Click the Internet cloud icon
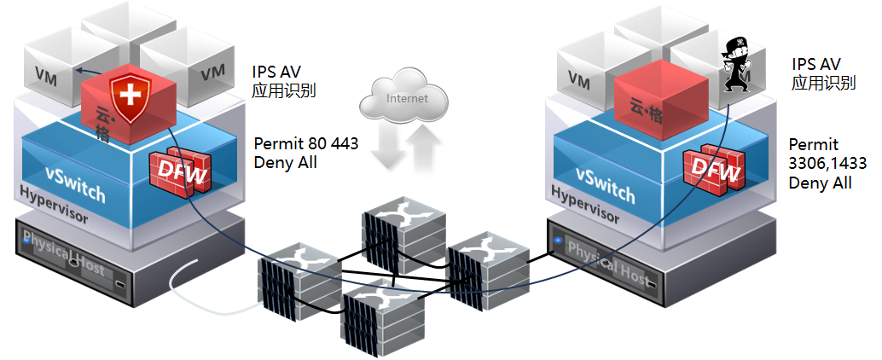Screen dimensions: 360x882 (x=406, y=100)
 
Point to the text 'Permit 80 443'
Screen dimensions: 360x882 (x=306, y=143)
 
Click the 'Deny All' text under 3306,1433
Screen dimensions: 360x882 (x=820, y=182)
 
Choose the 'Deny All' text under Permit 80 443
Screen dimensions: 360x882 (x=286, y=161)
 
